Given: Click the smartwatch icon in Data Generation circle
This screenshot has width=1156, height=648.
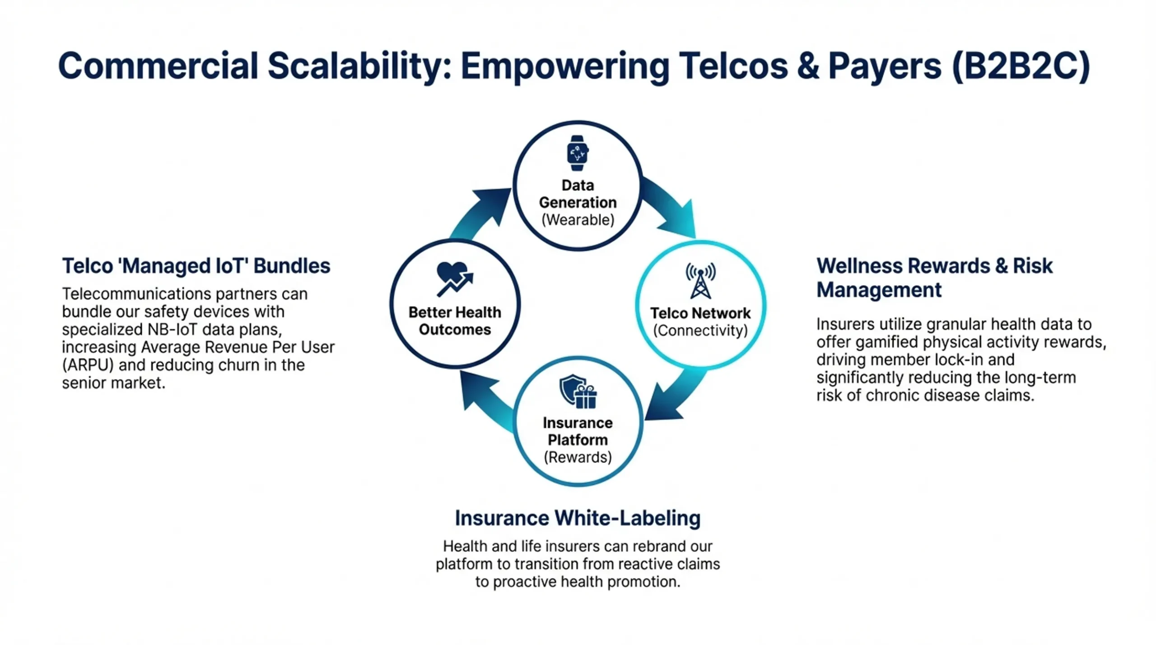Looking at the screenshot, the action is click(x=578, y=153).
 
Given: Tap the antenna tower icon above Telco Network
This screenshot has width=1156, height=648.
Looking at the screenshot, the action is click(x=700, y=281).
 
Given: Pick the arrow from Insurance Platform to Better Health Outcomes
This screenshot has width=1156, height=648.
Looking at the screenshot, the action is click(x=485, y=399).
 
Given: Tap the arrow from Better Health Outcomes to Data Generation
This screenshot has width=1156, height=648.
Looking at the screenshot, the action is click(x=481, y=212).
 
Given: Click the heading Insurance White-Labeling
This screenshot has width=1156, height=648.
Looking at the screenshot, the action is click(x=578, y=518).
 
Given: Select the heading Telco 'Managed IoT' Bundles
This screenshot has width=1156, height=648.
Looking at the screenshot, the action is click(x=196, y=266).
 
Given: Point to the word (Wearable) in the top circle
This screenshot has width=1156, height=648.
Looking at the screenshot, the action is click(x=578, y=220).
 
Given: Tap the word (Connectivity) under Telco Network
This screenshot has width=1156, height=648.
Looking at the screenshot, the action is click(x=700, y=330).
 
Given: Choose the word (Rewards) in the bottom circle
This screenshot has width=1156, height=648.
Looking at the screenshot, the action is click(x=578, y=457).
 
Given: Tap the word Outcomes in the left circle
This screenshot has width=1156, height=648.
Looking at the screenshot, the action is click(x=455, y=329).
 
